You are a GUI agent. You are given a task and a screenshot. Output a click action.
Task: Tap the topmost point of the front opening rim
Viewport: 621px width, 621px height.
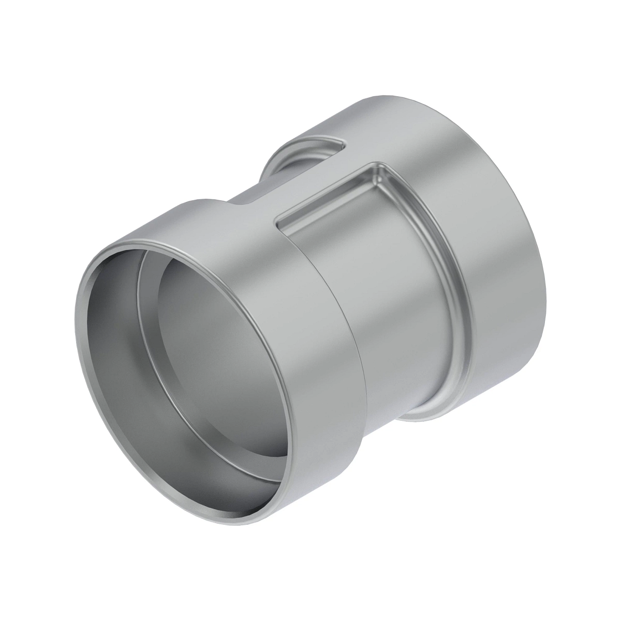[x=171, y=239]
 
